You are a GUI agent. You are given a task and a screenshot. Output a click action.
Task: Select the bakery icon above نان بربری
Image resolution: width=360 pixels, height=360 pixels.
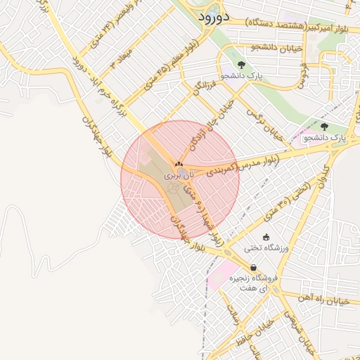click(x=177, y=165)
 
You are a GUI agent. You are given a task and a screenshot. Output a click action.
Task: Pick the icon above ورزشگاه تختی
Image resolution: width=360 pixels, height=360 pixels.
click(x=266, y=237)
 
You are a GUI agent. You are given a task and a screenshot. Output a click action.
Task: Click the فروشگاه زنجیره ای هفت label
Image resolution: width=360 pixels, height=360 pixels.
click(x=253, y=282)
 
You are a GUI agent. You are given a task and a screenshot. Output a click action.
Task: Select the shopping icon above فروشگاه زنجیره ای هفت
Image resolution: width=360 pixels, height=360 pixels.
click(x=253, y=267)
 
